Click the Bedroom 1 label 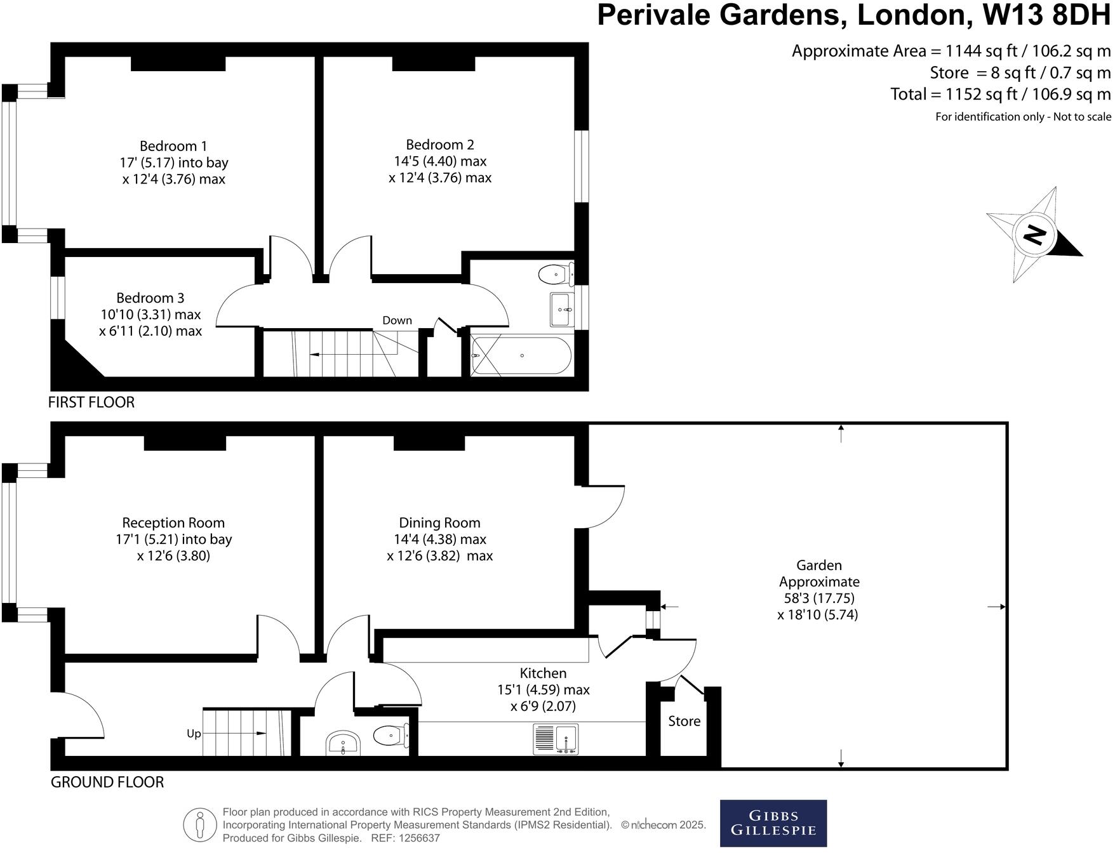click(173, 147)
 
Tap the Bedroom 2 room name click(439, 145)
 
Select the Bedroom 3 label click(150, 298)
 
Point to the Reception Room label click(173, 523)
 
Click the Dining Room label click(439, 523)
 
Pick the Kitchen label click(543, 673)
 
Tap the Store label click(684, 722)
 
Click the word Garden click(819, 565)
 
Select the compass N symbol click(1034, 235)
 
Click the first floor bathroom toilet click(555, 275)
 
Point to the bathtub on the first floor click(522, 356)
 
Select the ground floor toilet click(390, 736)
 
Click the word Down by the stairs click(397, 321)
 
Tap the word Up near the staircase click(194, 734)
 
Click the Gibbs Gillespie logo click(773, 823)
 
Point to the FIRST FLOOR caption click(91, 402)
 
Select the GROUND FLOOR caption click(107, 783)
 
